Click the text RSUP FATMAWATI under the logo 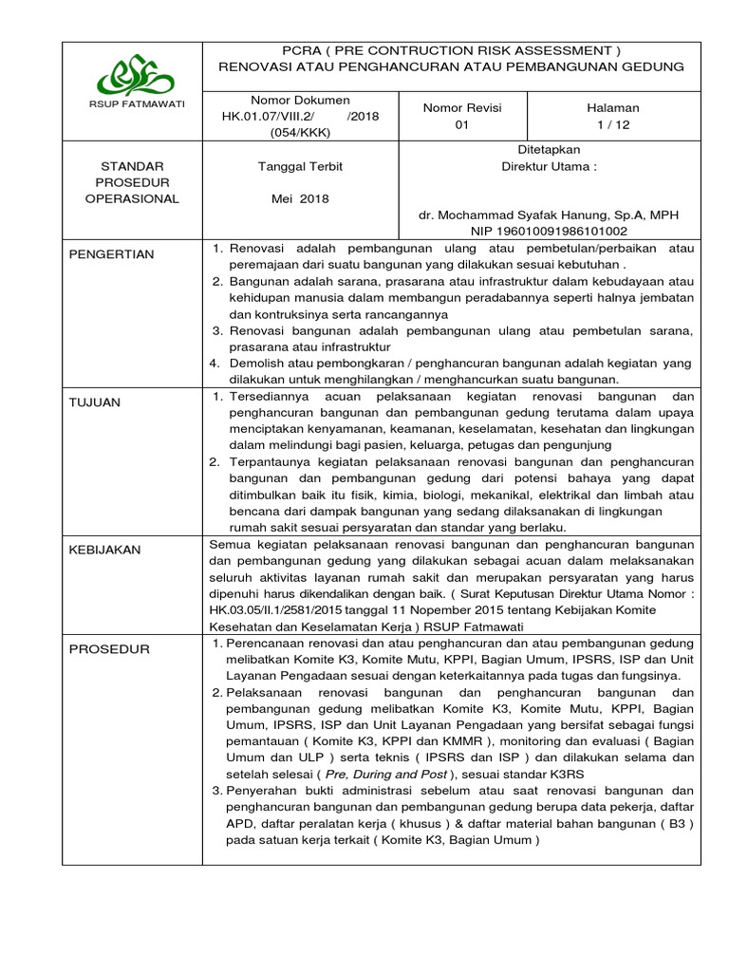click(x=132, y=103)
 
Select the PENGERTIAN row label click(x=110, y=254)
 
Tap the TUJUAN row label click(x=94, y=402)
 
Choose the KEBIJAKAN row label click(x=104, y=550)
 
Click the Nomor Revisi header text click(x=462, y=107)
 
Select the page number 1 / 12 click(x=613, y=125)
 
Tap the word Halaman click(x=613, y=107)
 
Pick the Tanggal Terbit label click(x=300, y=166)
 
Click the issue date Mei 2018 click(x=300, y=199)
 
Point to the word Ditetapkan click(x=549, y=149)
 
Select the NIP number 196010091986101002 click(x=549, y=231)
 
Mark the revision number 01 click(x=462, y=125)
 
